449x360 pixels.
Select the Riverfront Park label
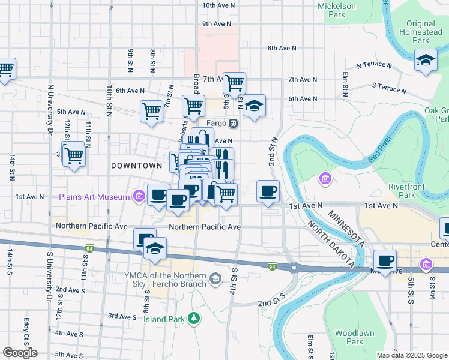[406, 191]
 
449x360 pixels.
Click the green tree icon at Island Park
[193, 317]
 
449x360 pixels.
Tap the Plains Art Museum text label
[94, 196]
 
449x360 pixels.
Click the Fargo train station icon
[232, 123]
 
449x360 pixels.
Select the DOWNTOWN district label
[136, 165]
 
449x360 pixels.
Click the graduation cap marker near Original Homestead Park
[426, 60]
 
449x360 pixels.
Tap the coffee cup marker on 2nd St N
[268, 191]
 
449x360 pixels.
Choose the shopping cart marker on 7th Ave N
[234, 82]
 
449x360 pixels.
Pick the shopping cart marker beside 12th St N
[74, 155]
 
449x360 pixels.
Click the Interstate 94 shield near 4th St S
[272, 266]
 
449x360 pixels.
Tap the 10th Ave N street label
[218, 5]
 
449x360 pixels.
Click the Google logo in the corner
[20, 353]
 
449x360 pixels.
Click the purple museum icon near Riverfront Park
[325, 178]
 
